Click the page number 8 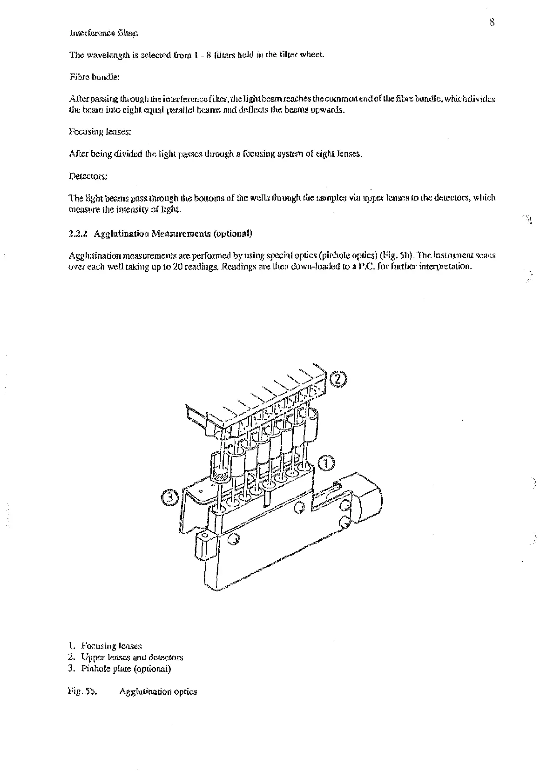[492, 22]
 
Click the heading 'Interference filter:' [103, 33]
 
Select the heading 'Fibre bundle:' [95, 77]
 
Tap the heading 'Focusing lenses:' [100, 132]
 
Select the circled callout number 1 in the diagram [326, 463]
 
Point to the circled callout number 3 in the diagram [170, 498]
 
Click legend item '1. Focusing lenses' [105, 646]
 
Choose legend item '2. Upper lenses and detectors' [125, 657]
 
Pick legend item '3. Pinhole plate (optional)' [119, 669]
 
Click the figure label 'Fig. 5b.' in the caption [82, 691]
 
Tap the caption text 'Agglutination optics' [158, 691]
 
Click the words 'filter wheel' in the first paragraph [301, 55]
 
